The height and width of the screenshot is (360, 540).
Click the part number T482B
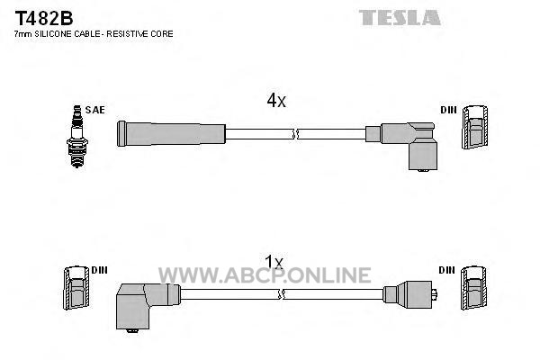tap(44, 18)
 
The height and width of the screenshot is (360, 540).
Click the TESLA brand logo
tap(400, 18)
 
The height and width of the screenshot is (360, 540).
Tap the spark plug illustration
tap(77, 137)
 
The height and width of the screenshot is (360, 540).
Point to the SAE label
tap(95, 110)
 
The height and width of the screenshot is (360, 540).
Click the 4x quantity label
tap(276, 101)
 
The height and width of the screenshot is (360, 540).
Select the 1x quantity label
tap(274, 262)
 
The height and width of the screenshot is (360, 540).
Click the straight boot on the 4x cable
tap(171, 134)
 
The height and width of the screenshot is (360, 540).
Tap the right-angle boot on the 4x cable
tap(407, 145)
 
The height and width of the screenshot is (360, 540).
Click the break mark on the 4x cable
tap(294, 134)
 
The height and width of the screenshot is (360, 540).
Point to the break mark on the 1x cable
tap(282, 294)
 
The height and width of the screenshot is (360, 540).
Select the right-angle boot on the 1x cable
tap(147, 306)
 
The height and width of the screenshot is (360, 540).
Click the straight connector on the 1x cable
tap(410, 294)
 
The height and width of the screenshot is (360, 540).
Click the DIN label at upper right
tap(448, 110)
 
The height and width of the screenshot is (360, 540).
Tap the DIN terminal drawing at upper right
tap(475, 127)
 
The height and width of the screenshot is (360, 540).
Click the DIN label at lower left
tap(100, 270)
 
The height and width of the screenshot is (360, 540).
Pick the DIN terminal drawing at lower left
tap(76, 288)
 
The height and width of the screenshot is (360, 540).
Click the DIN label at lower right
tap(447, 270)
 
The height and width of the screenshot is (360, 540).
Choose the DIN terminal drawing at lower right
tap(474, 288)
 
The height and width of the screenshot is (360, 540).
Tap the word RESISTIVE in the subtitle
tap(125, 34)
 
